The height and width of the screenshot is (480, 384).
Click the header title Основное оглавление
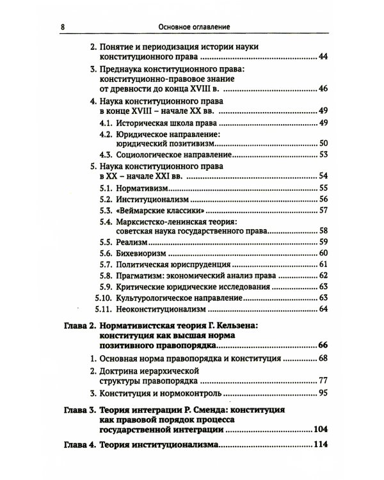[192, 27]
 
